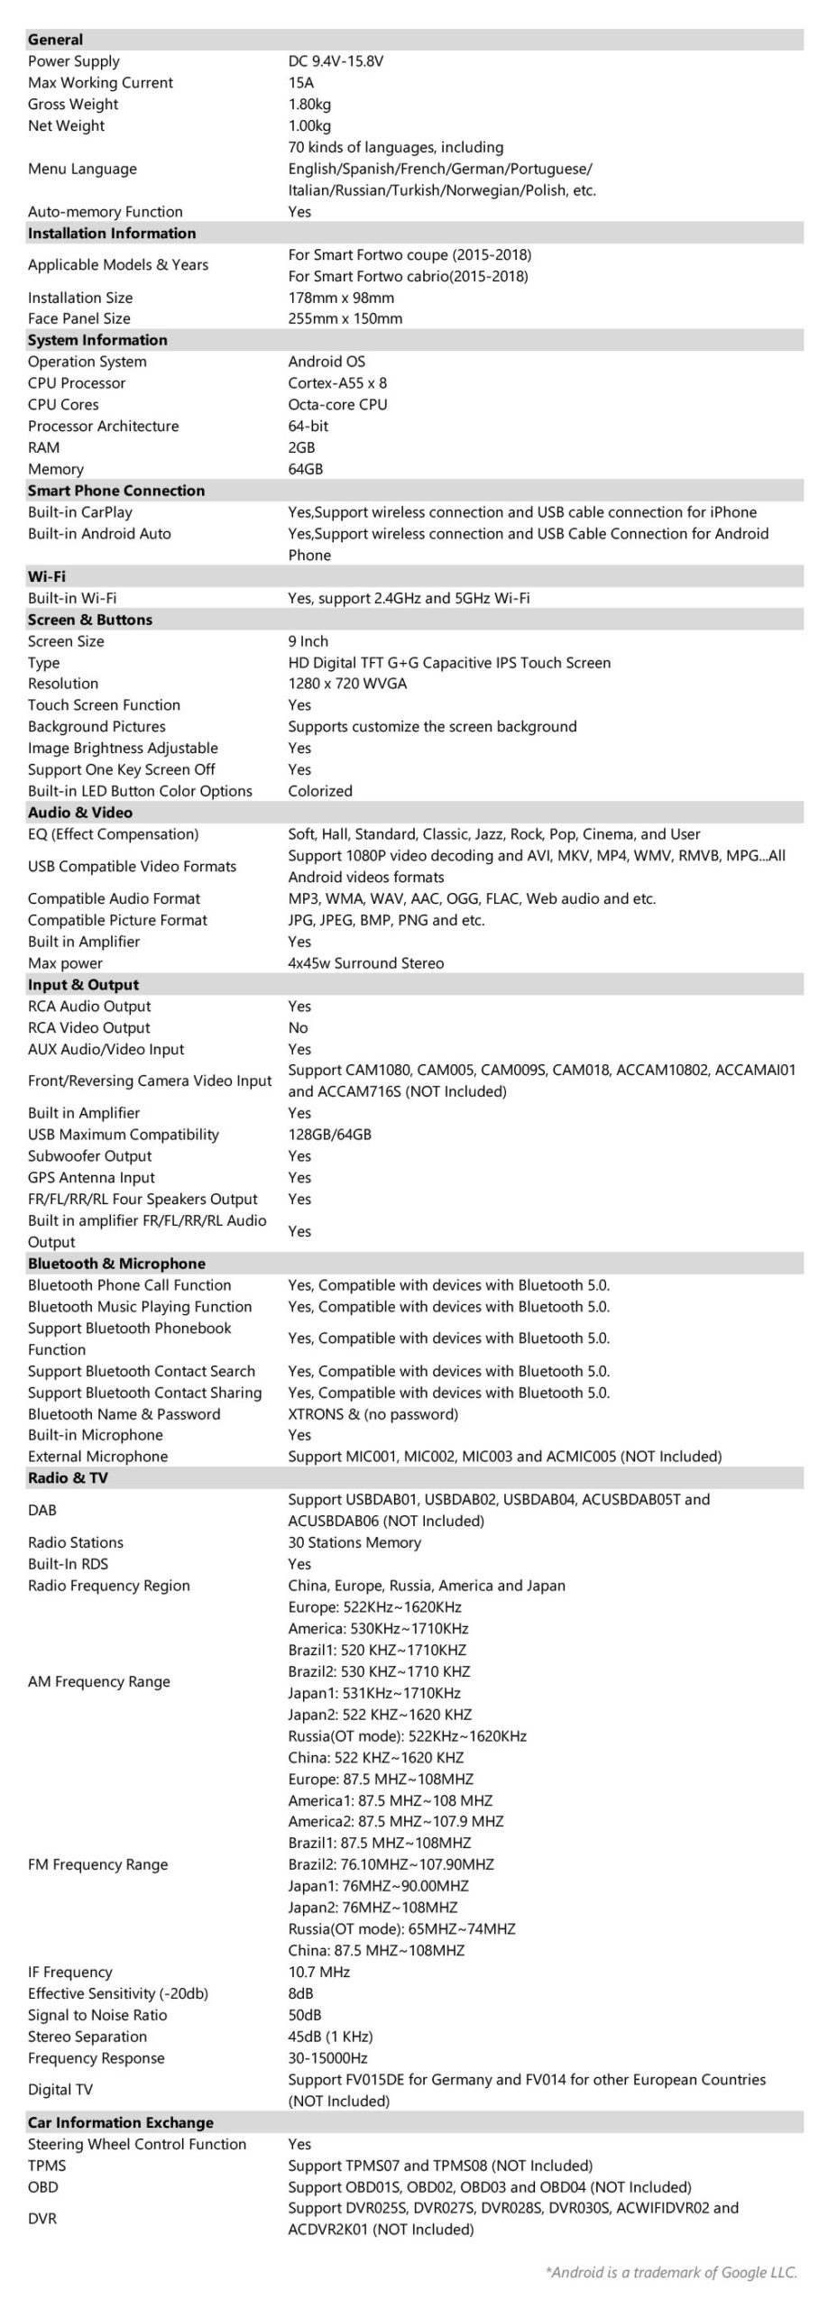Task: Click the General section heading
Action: click(55, 40)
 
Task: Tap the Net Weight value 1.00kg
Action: click(309, 125)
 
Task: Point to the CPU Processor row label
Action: click(77, 383)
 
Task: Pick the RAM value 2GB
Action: click(300, 447)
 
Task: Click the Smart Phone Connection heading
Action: click(116, 491)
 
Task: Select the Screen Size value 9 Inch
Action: click(308, 641)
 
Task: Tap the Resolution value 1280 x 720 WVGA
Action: click(347, 684)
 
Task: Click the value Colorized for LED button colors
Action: click(320, 791)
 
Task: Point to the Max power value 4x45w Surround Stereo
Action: click(366, 963)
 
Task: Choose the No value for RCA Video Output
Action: click(298, 1027)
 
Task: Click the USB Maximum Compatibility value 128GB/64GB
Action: click(329, 1135)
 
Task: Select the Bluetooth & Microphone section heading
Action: click(116, 1264)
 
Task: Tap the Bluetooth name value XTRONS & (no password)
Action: click(373, 1414)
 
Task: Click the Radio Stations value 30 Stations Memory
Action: click(354, 1542)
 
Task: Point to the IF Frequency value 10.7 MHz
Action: click(319, 1972)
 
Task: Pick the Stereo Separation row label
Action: click(87, 2037)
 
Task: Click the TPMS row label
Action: click(47, 2166)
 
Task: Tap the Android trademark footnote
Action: click(671, 2272)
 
